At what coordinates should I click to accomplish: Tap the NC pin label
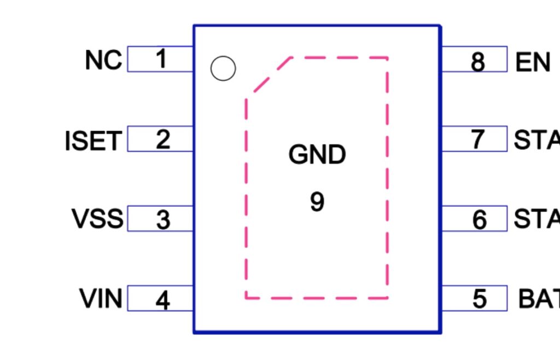tap(103, 60)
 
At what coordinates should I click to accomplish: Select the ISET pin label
tap(92, 141)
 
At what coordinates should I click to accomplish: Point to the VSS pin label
tap(97, 219)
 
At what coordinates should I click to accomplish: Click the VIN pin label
tap(101, 299)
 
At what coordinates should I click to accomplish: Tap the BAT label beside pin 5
tap(539, 299)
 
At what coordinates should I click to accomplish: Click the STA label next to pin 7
tap(536, 140)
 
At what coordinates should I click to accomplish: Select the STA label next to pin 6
tap(536, 219)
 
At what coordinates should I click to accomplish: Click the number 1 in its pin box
tap(161, 59)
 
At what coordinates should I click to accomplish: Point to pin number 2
tap(162, 140)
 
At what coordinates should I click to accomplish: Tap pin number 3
tap(163, 220)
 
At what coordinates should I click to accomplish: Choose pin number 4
tap(162, 300)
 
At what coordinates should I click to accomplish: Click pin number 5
tap(479, 299)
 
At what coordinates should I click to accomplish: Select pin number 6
tap(479, 220)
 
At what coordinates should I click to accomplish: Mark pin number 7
tap(478, 140)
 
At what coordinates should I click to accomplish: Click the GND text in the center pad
tap(317, 155)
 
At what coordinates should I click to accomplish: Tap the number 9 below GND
tap(317, 202)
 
